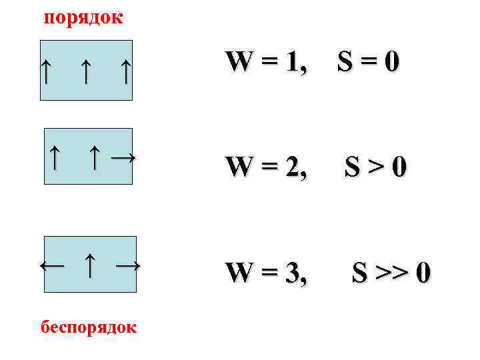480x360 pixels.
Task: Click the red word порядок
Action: click(x=83, y=17)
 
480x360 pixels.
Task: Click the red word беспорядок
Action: click(x=89, y=327)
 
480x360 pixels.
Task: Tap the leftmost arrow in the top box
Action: click(x=45, y=71)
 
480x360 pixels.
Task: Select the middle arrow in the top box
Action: click(x=85, y=71)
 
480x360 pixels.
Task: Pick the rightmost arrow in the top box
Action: click(x=125, y=71)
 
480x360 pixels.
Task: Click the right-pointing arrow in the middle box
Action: click(x=123, y=157)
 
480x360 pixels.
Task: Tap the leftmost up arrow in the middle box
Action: click(x=56, y=157)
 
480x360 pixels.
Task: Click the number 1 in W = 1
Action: click(x=291, y=62)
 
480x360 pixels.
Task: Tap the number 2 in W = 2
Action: click(x=292, y=167)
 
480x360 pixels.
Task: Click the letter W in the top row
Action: click(x=239, y=62)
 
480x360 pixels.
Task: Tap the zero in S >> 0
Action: click(x=423, y=273)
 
